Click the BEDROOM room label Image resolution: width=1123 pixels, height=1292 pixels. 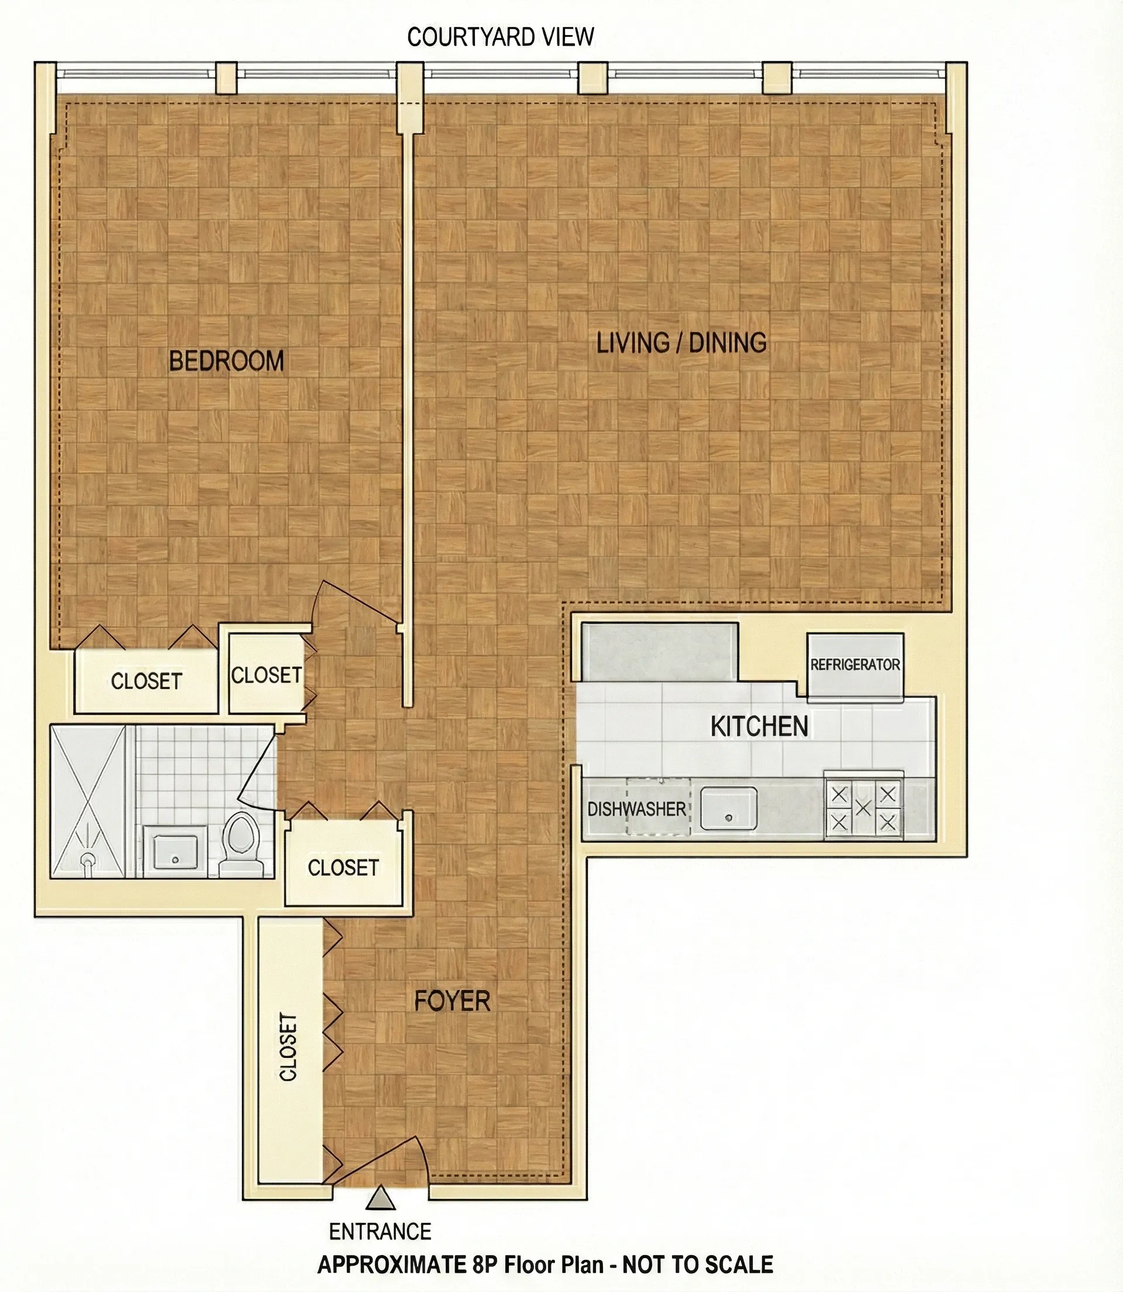[226, 361]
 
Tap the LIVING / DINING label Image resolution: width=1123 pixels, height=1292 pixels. [681, 343]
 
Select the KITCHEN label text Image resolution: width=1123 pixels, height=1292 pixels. [759, 727]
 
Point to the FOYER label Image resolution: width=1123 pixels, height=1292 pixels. [452, 1001]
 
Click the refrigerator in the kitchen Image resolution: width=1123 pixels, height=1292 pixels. [855, 666]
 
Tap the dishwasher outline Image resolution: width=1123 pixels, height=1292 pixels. [658, 808]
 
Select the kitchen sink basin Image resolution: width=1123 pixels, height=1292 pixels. [728, 809]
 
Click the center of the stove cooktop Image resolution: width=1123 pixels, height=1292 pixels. [863, 808]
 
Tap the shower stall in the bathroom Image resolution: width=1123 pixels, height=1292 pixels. [88, 802]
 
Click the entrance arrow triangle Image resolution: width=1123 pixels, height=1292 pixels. [381, 1198]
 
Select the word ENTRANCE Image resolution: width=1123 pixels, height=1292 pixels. [380, 1232]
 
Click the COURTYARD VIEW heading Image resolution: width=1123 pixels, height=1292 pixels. [500, 37]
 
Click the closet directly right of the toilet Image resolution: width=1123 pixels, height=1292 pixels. [343, 867]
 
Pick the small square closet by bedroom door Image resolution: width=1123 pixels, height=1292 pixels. [266, 675]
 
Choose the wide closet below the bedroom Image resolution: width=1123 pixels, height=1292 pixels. [146, 681]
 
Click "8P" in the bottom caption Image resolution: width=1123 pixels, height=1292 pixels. [485, 1264]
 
